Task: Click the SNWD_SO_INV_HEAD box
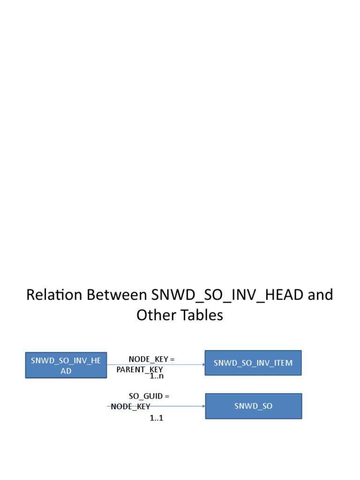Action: (x=66, y=365)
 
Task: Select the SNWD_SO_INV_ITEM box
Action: (x=253, y=363)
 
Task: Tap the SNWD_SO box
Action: (x=254, y=406)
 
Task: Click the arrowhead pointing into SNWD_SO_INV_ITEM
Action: (x=203, y=365)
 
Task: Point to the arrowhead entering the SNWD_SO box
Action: (x=204, y=406)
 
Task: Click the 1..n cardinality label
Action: (x=157, y=376)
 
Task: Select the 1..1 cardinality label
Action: (x=157, y=418)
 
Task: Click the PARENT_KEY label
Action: (x=140, y=370)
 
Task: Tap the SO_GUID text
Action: (x=146, y=396)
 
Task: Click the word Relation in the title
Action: (x=54, y=295)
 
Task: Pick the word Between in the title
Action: (x=117, y=295)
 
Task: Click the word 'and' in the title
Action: (x=320, y=295)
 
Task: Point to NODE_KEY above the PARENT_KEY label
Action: (x=149, y=359)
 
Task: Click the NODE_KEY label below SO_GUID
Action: (x=130, y=406)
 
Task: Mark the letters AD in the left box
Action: (x=66, y=371)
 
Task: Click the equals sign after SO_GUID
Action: (x=167, y=397)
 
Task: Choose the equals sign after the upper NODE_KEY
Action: (x=172, y=360)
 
